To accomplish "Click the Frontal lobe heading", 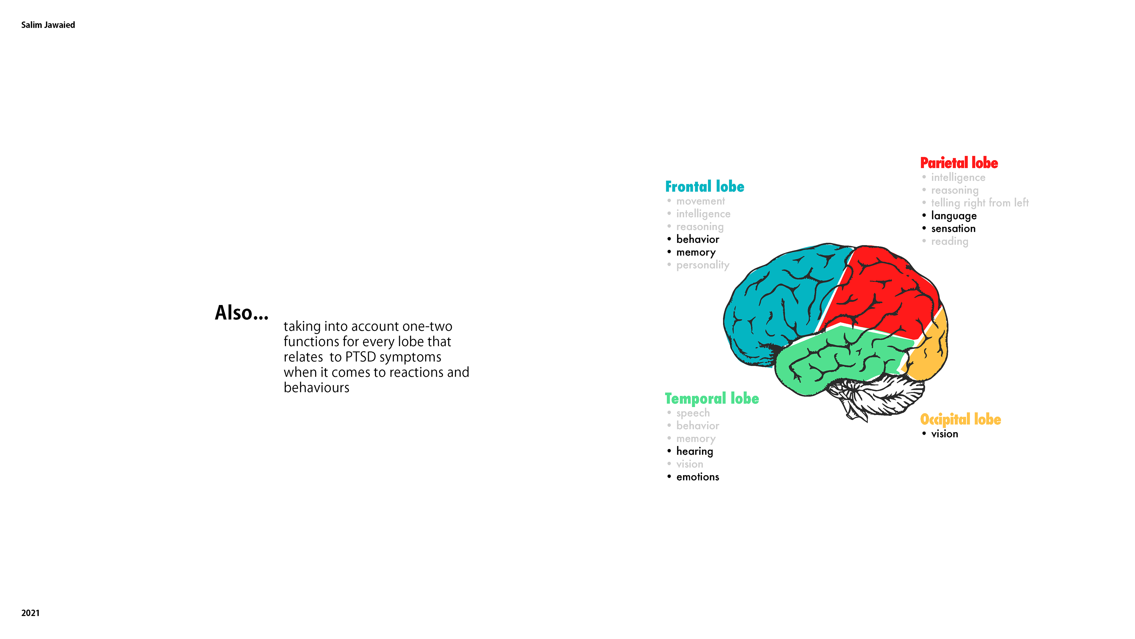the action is [x=705, y=187].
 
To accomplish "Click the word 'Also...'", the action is [x=241, y=313].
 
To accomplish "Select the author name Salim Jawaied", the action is [x=48, y=25].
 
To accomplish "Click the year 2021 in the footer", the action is [x=30, y=613].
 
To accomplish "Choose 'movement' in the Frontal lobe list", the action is [x=700, y=201].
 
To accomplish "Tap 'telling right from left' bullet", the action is [x=980, y=203].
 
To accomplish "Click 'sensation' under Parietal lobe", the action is [x=953, y=228].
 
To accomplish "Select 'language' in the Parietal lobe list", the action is [x=954, y=216].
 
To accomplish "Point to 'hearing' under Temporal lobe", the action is [x=694, y=451].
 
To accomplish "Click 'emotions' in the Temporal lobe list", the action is [x=698, y=477].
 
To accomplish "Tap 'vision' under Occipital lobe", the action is [x=944, y=434].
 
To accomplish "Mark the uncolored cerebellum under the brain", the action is [x=877, y=395].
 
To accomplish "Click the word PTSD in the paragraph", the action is [x=360, y=357].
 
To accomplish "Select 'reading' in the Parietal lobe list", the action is [x=949, y=241].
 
